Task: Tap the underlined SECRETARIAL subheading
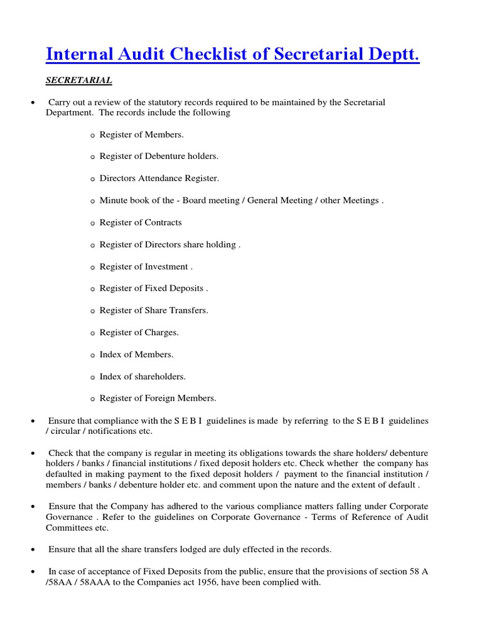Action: click(x=79, y=80)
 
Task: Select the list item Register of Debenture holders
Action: click(x=159, y=156)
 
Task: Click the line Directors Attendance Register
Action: click(x=159, y=178)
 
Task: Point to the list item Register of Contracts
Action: click(x=141, y=222)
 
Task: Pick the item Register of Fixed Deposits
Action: click(x=153, y=288)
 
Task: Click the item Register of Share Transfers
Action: click(x=154, y=310)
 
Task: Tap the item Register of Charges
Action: click(x=139, y=332)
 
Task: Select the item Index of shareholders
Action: click(x=142, y=376)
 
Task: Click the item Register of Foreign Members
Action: click(x=158, y=398)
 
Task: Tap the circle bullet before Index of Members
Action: click(x=92, y=355)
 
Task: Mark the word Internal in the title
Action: click(x=79, y=55)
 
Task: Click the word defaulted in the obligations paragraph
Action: click(x=66, y=474)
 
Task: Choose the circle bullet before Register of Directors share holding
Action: click(x=92, y=246)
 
